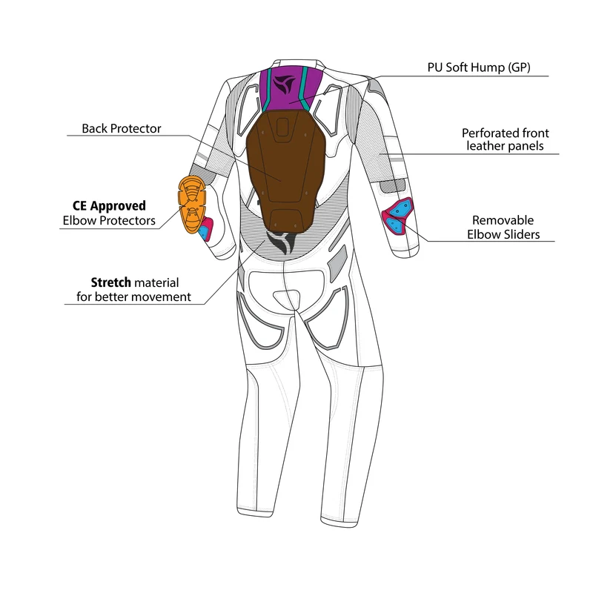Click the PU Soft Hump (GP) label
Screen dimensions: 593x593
click(479, 67)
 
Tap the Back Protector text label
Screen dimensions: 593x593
click(122, 128)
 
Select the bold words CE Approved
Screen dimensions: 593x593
click(109, 206)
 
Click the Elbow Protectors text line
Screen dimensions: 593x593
click(109, 220)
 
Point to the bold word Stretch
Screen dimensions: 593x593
click(110, 282)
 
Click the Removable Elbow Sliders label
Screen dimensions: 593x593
click(503, 228)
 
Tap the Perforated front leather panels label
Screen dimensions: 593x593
click(506, 139)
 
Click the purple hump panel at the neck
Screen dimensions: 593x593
click(291, 87)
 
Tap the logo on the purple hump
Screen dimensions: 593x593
click(284, 85)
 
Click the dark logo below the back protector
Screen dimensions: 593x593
click(282, 243)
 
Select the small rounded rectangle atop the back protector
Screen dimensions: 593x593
click(282, 127)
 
